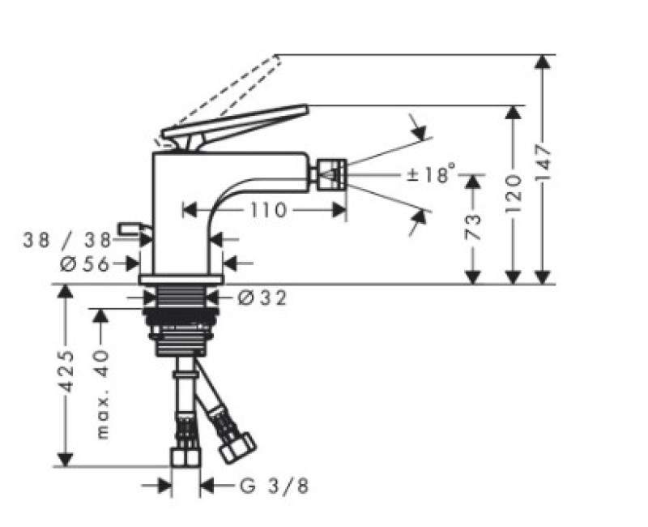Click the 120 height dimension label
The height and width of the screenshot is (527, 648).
[513, 194]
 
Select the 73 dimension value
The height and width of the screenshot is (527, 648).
[474, 227]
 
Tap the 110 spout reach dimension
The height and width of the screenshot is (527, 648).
[268, 211]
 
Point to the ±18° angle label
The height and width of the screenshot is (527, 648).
[431, 174]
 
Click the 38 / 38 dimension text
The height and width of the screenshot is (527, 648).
[67, 240]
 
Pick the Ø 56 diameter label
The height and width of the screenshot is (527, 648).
[84, 263]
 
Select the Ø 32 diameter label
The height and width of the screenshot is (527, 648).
[262, 298]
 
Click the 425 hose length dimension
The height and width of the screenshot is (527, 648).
[66, 371]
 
